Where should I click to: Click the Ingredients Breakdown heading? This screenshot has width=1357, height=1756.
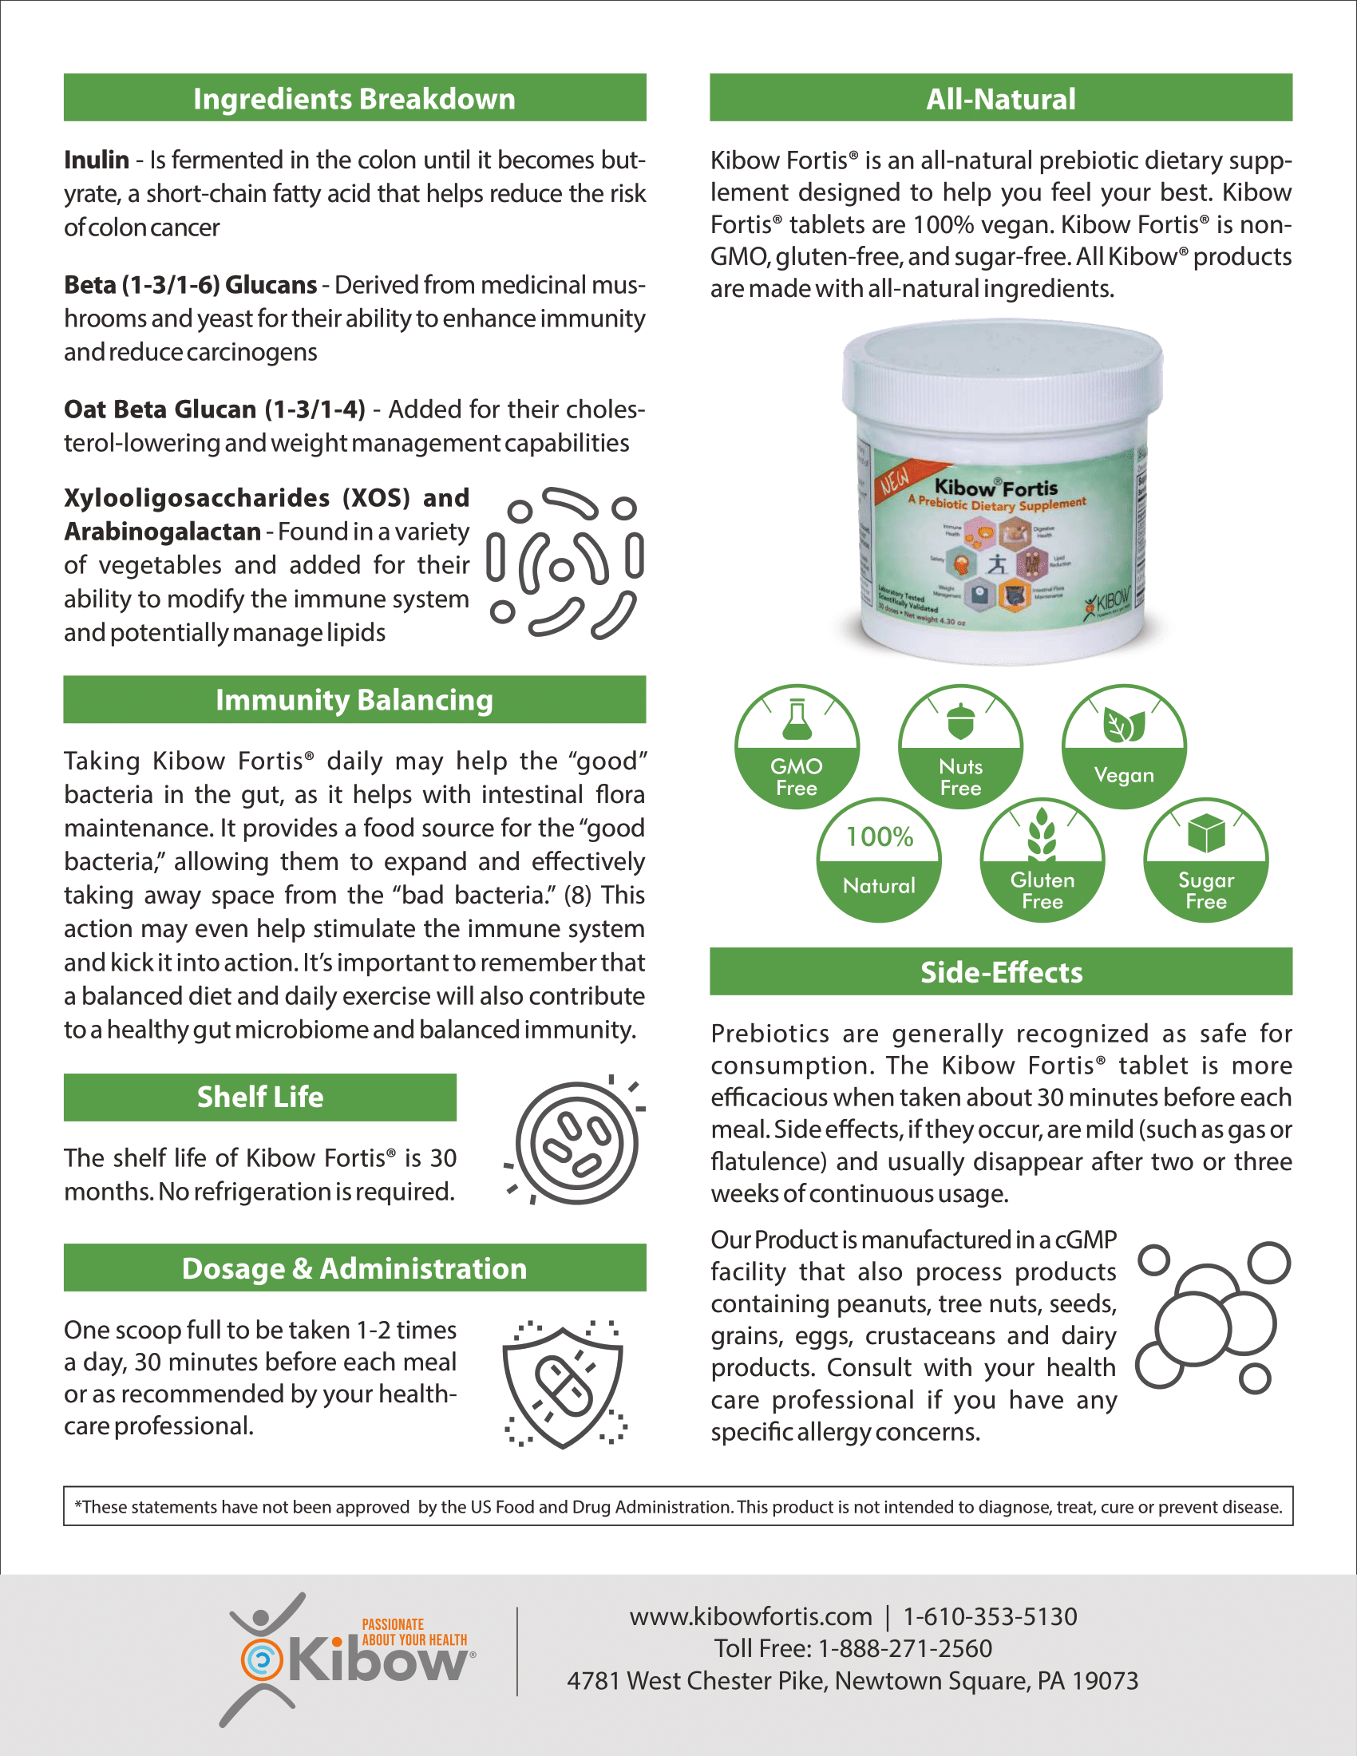(x=354, y=98)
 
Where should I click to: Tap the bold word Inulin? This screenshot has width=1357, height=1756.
(x=97, y=160)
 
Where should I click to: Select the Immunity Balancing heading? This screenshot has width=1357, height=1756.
(x=354, y=699)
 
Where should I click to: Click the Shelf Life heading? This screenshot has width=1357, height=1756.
(x=259, y=1097)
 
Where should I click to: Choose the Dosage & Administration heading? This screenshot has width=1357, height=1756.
(x=354, y=1268)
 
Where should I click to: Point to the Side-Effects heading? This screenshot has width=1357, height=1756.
(x=1001, y=972)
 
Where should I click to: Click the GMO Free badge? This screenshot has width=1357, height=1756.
(x=797, y=746)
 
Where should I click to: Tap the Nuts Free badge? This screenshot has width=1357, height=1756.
(x=960, y=746)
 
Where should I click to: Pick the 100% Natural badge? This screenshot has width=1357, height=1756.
(x=879, y=860)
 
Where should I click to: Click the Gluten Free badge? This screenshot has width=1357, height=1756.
(x=1042, y=860)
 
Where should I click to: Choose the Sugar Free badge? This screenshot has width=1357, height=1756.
(x=1206, y=860)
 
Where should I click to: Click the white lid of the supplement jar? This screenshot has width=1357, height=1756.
(x=1002, y=370)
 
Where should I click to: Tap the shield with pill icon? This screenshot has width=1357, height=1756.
(x=564, y=1384)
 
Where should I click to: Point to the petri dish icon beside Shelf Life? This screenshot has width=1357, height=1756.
(x=576, y=1141)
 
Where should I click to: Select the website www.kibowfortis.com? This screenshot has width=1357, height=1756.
(x=751, y=1616)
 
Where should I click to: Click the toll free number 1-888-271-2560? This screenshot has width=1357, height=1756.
(x=904, y=1648)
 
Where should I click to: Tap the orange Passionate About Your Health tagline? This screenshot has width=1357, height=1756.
(x=414, y=1631)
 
